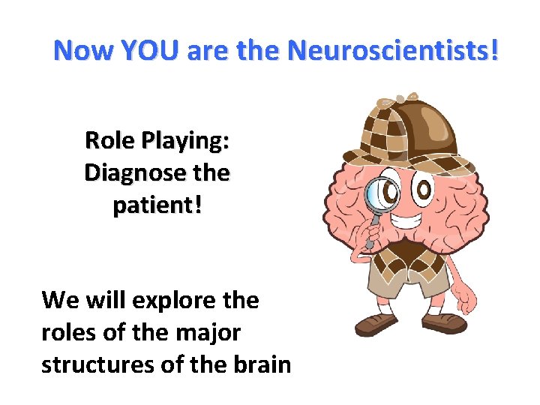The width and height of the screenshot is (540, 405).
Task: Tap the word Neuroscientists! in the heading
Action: click(x=393, y=51)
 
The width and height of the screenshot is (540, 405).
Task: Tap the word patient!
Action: click(x=157, y=206)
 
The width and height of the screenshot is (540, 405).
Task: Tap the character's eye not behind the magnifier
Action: click(x=424, y=190)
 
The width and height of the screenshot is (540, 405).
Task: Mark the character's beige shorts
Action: click(x=412, y=289)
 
